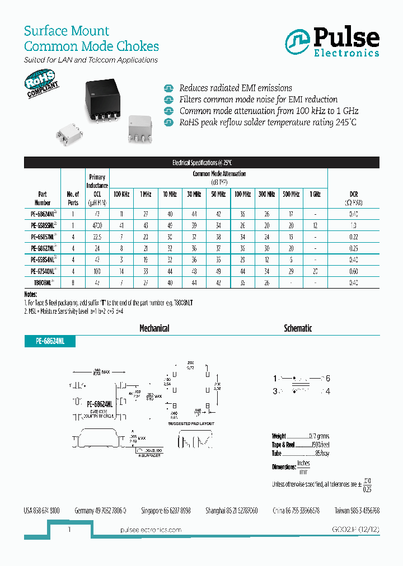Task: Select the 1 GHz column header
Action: coord(315,194)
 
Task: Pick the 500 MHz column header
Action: coord(291,194)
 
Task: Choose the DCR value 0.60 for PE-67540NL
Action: coord(353,271)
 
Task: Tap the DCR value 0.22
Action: coord(353,237)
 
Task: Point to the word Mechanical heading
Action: coord(154,328)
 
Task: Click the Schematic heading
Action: coord(298,328)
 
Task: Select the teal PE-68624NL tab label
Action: coord(49,341)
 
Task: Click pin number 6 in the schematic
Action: coord(328,379)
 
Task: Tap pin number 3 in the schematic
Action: coord(275,392)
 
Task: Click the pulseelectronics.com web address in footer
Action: coord(151,530)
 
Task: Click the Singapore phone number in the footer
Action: coord(165,511)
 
